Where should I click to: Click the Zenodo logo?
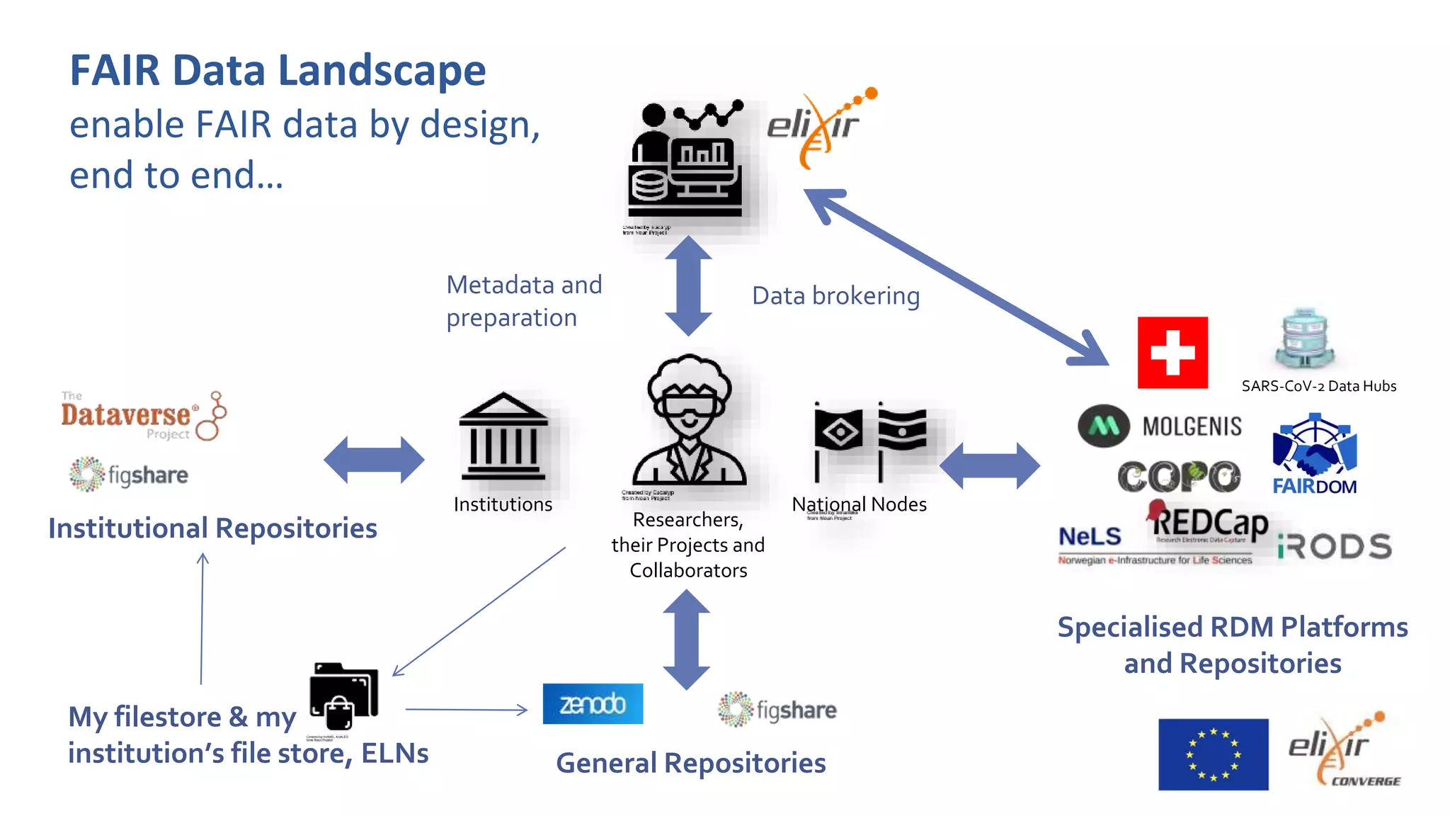point(593,703)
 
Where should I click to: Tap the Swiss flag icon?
point(1172,353)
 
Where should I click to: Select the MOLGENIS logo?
point(1160,426)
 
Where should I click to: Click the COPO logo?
point(1179,477)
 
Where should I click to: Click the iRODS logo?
point(1335,547)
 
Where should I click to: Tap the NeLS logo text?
point(1090,537)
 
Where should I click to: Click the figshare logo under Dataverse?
point(129,475)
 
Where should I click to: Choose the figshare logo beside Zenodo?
point(777,710)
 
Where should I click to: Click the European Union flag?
point(1213,754)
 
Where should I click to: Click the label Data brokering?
point(835,296)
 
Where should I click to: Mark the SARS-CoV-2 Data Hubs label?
point(1318,386)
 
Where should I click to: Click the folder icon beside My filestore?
point(343,696)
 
